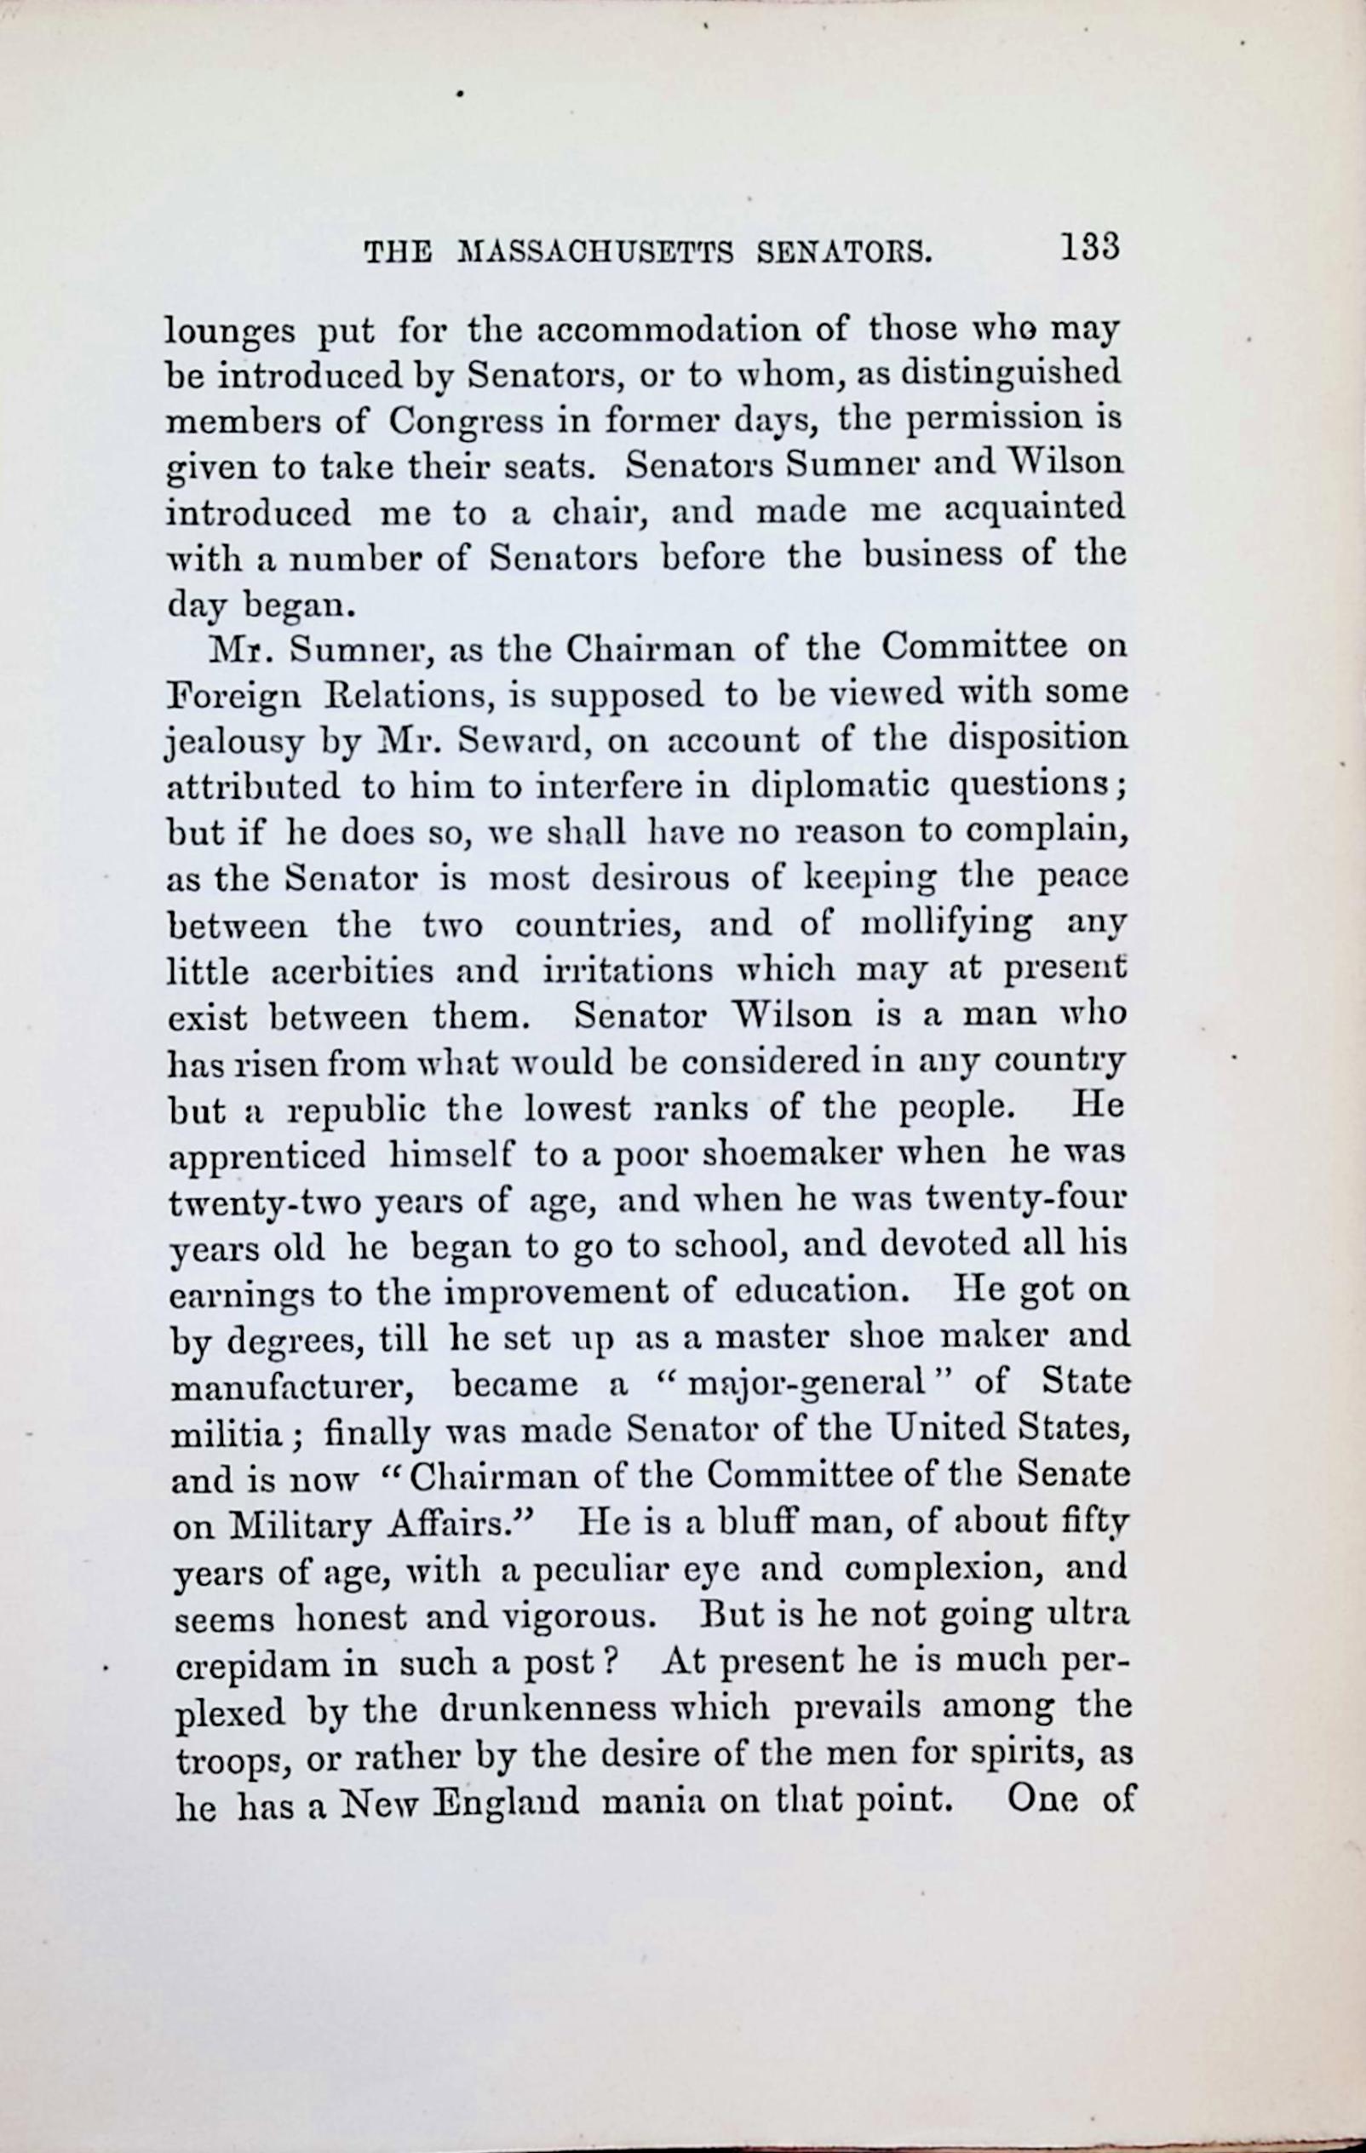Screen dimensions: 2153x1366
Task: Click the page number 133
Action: [x=1089, y=246]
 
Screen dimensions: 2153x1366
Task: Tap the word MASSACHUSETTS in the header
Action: [x=594, y=254]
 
